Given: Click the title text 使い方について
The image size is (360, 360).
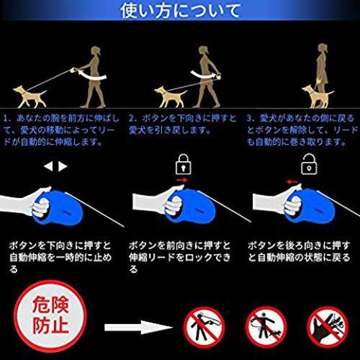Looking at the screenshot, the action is pyautogui.click(x=180, y=11).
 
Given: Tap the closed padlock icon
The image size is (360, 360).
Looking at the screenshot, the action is pyautogui.click(x=184, y=164).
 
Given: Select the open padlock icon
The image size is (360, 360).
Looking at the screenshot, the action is pyautogui.click(x=309, y=164).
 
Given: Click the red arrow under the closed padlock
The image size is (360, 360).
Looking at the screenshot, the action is pyautogui.click(x=181, y=180).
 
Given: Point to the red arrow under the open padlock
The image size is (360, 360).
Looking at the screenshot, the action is pyautogui.click(x=293, y=182).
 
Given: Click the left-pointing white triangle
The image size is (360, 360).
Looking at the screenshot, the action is pyautogui.click(x=48, y=166).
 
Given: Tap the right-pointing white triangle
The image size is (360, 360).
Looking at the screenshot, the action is pyautogui.click(x=63, y=166).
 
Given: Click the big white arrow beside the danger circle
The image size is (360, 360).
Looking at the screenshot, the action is pyautogui.click(x=138, y=327).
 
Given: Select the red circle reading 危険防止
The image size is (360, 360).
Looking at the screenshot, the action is pyautogui.click(x=50, y=316).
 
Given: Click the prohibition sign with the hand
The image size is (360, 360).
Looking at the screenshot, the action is pyautogui.click(x=328, y=327).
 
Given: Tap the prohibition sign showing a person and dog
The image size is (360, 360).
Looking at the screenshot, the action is pyautogui.click(x=266, y=327).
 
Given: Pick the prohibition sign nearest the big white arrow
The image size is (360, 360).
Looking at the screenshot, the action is pyautogui.click(x=204, y=327).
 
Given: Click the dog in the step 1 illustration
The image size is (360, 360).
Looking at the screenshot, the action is pyautogui.click(x=30, y=96).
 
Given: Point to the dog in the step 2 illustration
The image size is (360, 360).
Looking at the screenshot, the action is pyautogui.click(x=171, y=96).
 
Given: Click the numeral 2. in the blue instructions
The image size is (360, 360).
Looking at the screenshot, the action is pyautogui.click(x=132, y=118).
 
